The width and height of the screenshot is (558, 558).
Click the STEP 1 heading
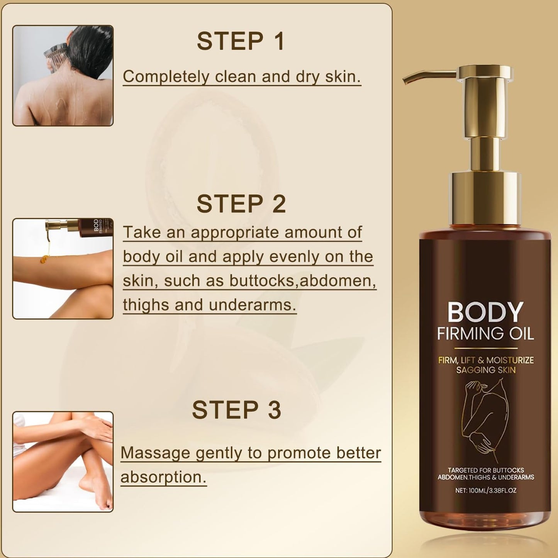pyautogui.click(x=241, y=41)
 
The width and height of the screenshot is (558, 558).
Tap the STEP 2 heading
pyautogui.click(x=241, y=204)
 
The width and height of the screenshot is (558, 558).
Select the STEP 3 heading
pyautogui.click(x=236, y=410)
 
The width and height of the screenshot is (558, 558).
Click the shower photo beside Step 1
pyautogui.click(x=63, y=76)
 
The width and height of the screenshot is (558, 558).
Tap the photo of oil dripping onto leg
pyautogui.click(x=63, y=269)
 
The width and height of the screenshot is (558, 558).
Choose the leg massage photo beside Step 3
pyautogui.click(x=63, y=462)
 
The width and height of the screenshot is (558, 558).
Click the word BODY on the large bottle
pyautogui.click(x=485, y=312)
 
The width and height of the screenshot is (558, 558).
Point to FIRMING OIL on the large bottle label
pyautogui.click(x=485, y=334)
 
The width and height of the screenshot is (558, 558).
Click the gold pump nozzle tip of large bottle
pyautogui.click(x=406, y=80)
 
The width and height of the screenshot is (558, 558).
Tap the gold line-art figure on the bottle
pyautogui.click(x=485, y=419)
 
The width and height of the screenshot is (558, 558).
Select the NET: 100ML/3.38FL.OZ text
pyautogui.click(x=485, y=490)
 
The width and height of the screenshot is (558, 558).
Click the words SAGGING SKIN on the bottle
pyautogui.click(x=485, y=370)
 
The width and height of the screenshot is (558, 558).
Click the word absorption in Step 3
pyautogui.click(x=163, y=477)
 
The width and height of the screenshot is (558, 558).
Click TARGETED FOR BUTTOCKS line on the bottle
pyautogui.click(x=485, y=470)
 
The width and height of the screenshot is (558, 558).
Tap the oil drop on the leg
pyautogui.click(x=45, y=259)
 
